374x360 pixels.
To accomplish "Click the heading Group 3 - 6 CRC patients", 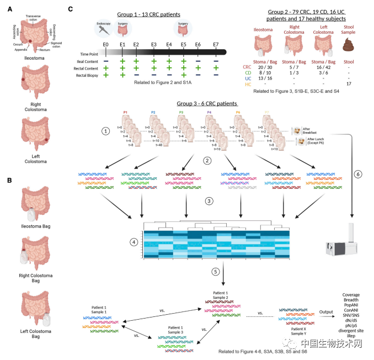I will pos(207,103).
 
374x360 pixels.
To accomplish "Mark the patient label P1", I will pos(126,112).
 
